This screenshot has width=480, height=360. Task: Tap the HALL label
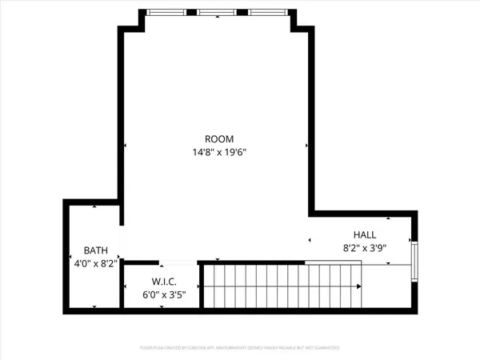(x=365, y=234)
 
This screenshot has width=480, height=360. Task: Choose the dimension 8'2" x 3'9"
(x=365, y=247)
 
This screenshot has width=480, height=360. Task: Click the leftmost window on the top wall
(x=167, y=12)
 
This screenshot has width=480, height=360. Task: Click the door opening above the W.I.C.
(x=177, y=262)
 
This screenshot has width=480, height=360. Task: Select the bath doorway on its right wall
(x=121, y=242)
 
